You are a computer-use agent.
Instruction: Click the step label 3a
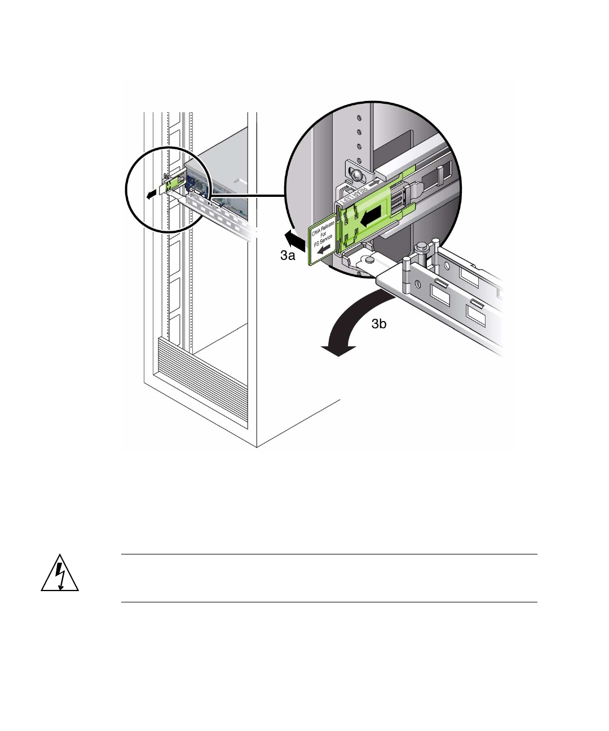tap(288, 256)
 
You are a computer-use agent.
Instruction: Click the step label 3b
tap(379, 324)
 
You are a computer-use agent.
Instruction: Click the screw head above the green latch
tap(356, 175)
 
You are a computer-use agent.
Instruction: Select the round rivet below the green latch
tap(369, 260)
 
